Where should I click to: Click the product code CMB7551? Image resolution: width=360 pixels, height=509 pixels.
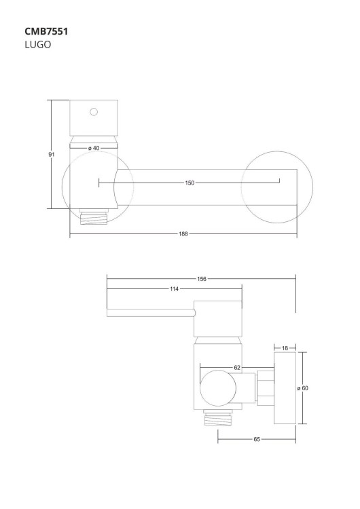tap(46, 31)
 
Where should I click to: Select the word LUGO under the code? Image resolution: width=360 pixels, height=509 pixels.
tap(38, 45)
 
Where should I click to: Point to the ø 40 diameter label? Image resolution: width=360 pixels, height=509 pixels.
tap(94, 148)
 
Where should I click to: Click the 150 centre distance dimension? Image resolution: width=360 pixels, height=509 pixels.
tap(190, 183)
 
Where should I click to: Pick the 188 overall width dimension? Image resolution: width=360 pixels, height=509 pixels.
tap(183, 234)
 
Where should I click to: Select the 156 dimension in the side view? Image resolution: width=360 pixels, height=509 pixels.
tap(202, 278)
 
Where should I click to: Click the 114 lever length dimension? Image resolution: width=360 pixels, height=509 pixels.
tap(174, 290)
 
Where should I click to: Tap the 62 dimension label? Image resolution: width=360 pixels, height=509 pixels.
tap(237, 367)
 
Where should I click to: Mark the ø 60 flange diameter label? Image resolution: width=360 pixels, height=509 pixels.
tap(303, 388)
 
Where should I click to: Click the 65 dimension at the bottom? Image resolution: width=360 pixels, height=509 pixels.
tap(257, 440)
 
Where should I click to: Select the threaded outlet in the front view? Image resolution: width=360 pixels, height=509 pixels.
tap(94, 218)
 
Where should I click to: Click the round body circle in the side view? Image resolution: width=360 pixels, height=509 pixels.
tap(218, 389)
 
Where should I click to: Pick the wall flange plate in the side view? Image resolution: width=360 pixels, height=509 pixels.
tap(285, 389)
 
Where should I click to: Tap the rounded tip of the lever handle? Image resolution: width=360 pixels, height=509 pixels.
tap(109, 312)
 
